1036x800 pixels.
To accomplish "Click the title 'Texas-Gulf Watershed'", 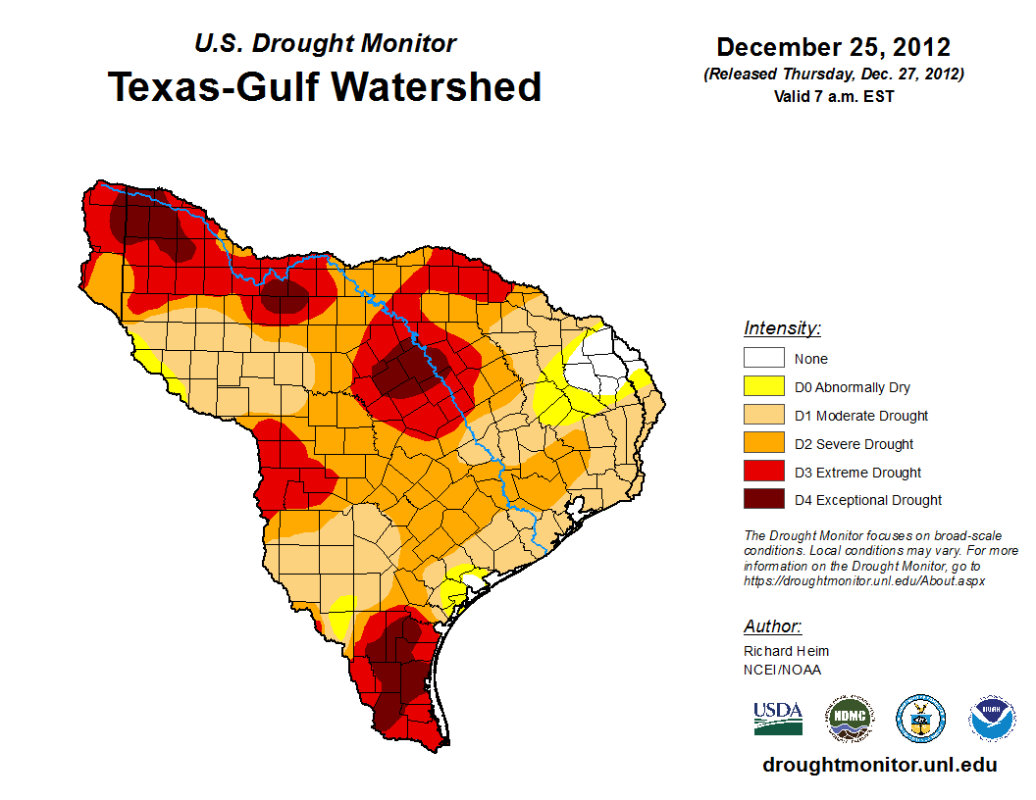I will (324, 86).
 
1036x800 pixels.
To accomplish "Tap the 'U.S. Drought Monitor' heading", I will (325, 43).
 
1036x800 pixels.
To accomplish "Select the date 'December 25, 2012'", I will (833, 47).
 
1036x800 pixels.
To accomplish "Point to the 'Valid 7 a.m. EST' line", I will (833, 95).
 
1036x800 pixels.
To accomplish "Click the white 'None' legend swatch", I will (763, 359).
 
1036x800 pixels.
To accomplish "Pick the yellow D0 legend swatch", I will (763, 387).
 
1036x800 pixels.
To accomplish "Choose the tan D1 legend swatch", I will (763, 416).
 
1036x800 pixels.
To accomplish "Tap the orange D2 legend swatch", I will (763, 444).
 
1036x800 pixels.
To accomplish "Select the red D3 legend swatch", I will (763, 473).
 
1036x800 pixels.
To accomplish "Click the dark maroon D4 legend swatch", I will (763, 500).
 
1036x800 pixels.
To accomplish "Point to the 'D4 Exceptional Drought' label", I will (868, 500).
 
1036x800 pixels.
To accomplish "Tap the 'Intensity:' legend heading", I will (782, 328).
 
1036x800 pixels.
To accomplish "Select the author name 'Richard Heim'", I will (786, 651).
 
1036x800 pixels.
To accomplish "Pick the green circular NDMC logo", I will (849, 719).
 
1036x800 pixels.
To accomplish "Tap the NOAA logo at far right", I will (993, 719).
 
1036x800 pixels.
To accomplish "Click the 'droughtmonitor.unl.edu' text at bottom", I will (880, 765).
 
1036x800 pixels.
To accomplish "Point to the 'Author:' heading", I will (773, 626).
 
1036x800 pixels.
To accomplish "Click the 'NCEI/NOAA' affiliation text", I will (782, 670).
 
